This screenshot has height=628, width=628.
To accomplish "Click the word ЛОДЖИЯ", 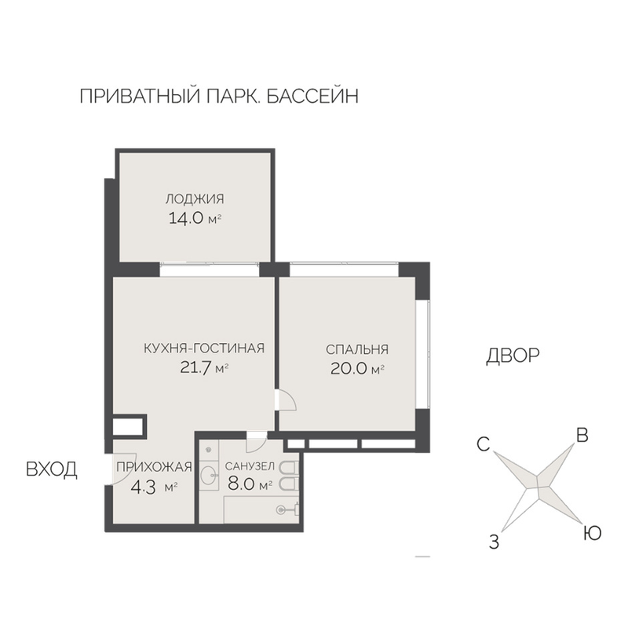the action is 195,199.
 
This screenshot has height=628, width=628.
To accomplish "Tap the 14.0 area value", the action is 186,219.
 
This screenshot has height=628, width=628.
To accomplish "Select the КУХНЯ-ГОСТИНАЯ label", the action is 204,348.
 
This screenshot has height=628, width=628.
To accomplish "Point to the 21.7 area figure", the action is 195,367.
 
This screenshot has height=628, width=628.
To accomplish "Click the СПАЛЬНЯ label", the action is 357,349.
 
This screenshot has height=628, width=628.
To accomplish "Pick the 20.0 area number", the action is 349,369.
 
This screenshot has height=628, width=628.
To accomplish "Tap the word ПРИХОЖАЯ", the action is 154,466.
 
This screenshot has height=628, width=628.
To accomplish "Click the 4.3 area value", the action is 144,488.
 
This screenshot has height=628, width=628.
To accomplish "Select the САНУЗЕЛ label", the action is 250,466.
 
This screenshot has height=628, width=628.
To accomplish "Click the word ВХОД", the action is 52,469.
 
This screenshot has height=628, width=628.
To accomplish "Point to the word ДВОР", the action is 513,356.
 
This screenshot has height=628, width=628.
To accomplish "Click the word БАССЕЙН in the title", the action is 312,96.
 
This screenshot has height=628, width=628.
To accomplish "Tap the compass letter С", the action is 484,444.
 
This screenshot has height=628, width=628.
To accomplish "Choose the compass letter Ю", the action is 592,533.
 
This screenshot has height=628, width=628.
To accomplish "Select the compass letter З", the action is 495,542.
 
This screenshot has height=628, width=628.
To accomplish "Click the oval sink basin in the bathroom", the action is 208,476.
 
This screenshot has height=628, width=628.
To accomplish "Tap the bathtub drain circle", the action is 281,509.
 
